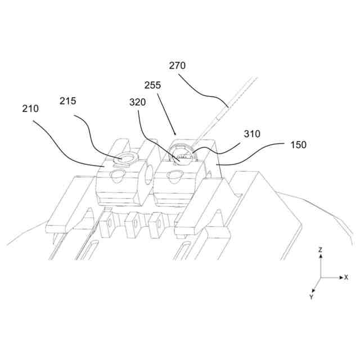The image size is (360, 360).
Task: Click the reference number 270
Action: click(177, 66)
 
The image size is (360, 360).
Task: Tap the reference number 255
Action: click(152, 85)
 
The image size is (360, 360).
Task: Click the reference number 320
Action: click(137, 102)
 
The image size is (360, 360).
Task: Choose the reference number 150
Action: click(299, 145)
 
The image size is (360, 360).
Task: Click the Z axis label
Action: click(320, 249)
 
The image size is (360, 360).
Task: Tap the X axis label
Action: click(346, 277)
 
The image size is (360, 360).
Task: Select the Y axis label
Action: click(311, 296)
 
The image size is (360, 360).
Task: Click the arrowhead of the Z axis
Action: click(320, 256)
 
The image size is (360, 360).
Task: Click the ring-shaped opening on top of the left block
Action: click(123, 159)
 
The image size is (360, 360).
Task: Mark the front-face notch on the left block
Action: click(118, 176)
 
